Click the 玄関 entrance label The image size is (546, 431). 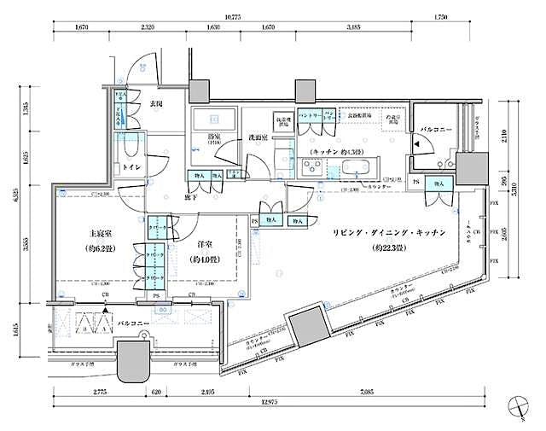tap(157, 104)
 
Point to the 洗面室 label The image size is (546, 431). tap(258, 137)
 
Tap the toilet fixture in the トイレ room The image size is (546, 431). tap(135, 148)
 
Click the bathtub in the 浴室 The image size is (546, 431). tap(213, 120)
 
